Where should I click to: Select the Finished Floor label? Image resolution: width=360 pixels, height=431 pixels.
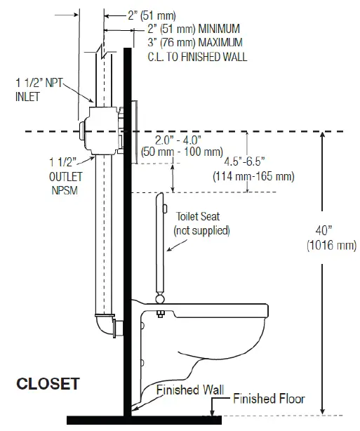[270, 399]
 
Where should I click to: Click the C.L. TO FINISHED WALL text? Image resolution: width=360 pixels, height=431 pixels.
[197, 56]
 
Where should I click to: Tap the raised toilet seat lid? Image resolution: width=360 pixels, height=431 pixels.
[159, 239]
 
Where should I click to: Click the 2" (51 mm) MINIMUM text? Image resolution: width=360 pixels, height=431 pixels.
[194, 29]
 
